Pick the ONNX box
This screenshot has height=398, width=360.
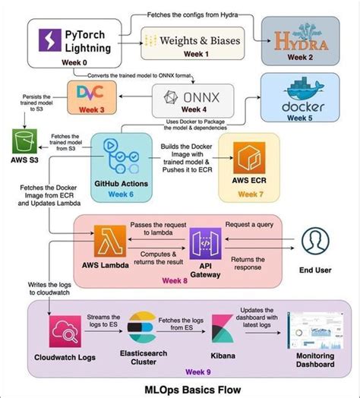pos(188,99)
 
